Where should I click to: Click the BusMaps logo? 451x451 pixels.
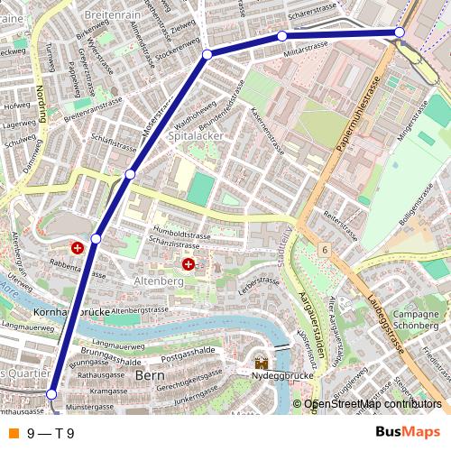(409, 432)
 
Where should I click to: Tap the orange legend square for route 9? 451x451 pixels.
(13, 433)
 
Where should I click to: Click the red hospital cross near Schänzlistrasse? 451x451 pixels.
(189, 264)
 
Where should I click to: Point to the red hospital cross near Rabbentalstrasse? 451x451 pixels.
(78, 247)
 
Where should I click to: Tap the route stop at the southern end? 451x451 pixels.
(51, 394)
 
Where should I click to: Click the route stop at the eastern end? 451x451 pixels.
(399, 32)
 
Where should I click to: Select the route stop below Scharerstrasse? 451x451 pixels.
(282, 36)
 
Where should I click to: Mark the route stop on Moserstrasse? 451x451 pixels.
(130, 173)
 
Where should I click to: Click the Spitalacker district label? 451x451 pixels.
(196, 135)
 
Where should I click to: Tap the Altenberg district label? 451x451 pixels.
(159, 282)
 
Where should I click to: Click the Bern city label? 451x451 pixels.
(148, 374)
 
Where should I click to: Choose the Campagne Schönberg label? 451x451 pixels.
(416, 319)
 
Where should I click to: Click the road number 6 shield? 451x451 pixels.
(323, 248)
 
